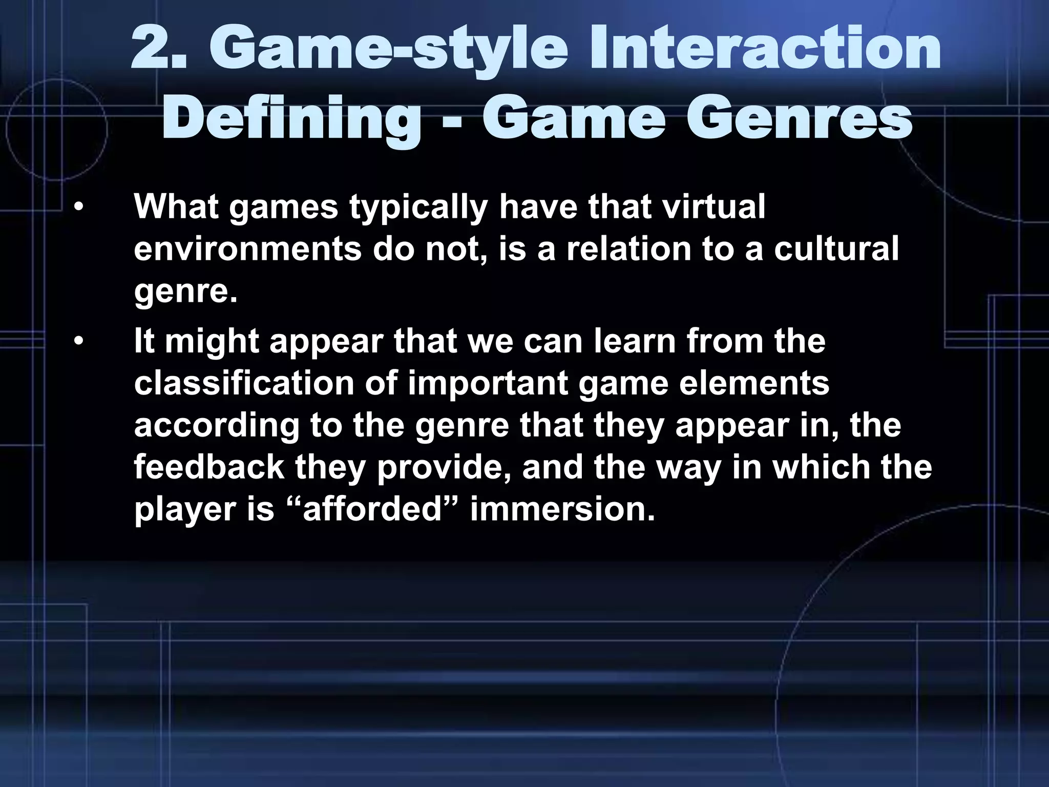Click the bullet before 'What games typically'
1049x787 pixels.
(x=77, y=208)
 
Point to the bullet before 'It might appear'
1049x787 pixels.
(x=77, y=342)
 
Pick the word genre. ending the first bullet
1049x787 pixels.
(x=186, y=292)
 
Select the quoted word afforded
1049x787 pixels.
(x=372, y=510)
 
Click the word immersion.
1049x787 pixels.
(x=562, y=510)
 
